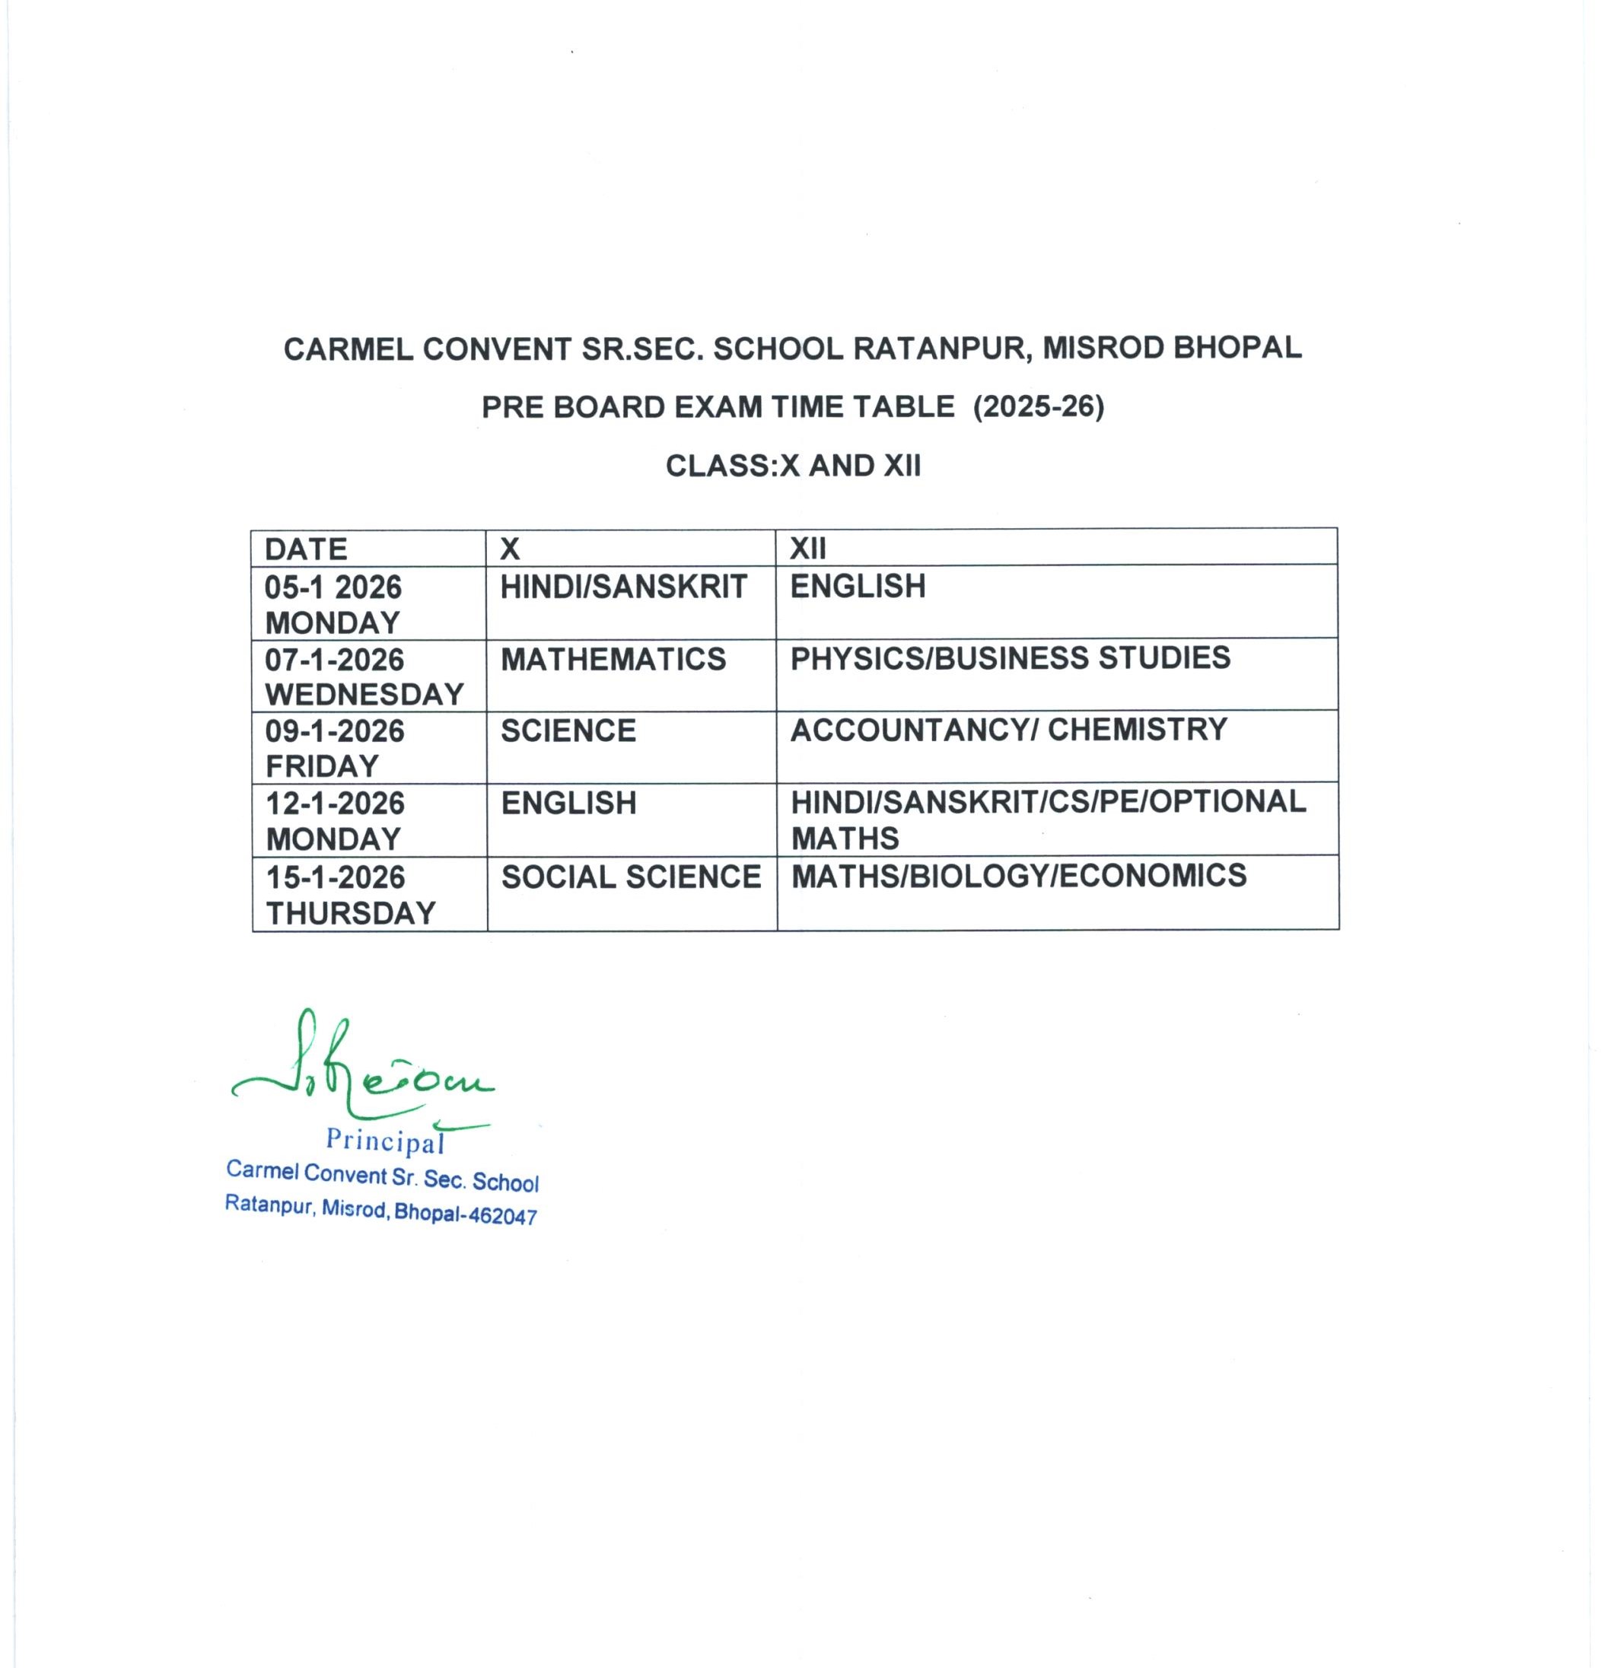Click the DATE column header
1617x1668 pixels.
pyautogui.click(x=306, y=549)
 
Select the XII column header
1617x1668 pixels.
pyautogui.click(x=807, y=548)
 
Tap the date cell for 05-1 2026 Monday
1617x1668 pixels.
pyautogui.click(x=333, y=604)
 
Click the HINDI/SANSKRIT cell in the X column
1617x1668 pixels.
pyautogui.click(x=623, y=587)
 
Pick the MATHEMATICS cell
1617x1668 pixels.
pyautogui.click(x=613, y=660)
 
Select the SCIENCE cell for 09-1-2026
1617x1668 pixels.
pyautogui.click(x=568, y=731)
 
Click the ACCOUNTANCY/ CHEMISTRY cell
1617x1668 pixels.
pyautogui.click(x=1008, y=729)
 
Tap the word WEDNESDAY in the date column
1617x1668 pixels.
pyautogui.click(x=364, y=695)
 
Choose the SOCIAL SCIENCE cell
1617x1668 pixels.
pyautogui.click(x=631, y=877)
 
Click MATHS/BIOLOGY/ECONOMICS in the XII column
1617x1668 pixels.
pyautogui.click(x=1018, y=876)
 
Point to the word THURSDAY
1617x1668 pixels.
pyautogui.click(x=351, y=913)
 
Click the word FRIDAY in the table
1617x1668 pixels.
pyautogui.click(x=322, y=767)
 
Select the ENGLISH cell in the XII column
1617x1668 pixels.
pyautogui.click(x=857, y=587)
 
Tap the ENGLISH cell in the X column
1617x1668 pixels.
pyautogui.click(x=568, y=804)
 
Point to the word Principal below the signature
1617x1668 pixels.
pyautogui.click(x=385, y=1141)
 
